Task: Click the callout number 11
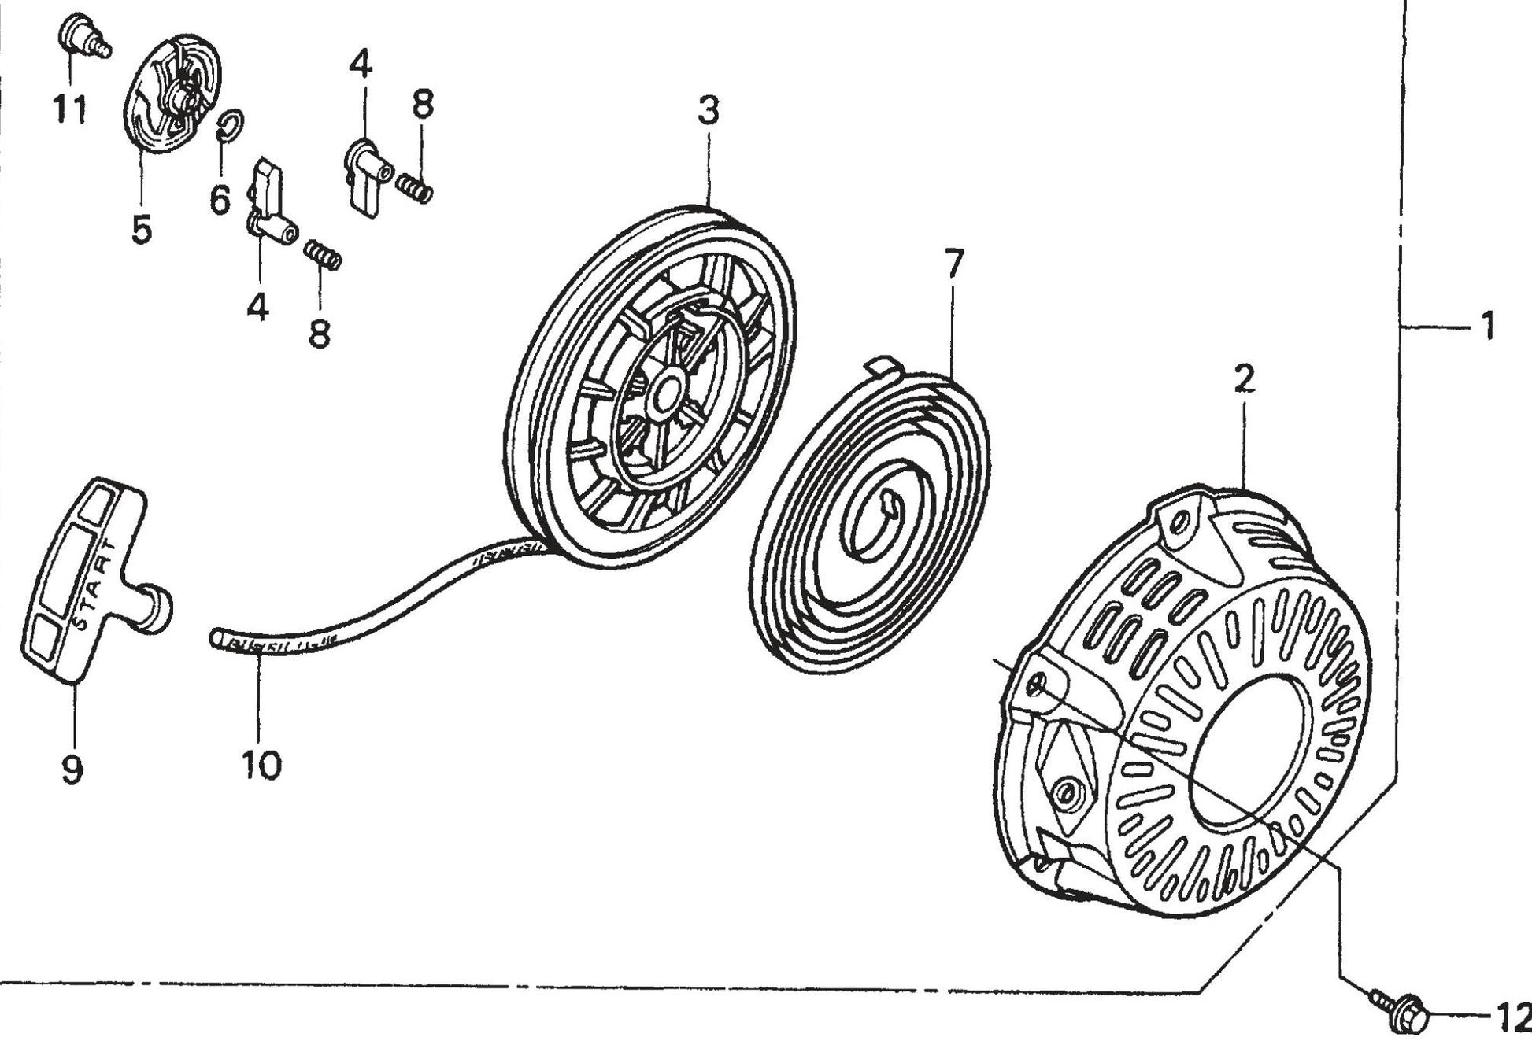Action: tap(69, 109)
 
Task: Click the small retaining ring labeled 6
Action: tap(230, 124)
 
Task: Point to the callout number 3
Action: tap(709, 111)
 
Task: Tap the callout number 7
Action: tap(953, 264)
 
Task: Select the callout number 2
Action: tap(1244, 379)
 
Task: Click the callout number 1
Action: tap(1487, 326)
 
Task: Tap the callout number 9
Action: tap(72, 768)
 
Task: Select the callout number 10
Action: tap(261, 764)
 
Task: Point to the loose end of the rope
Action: tap(217, 637)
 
